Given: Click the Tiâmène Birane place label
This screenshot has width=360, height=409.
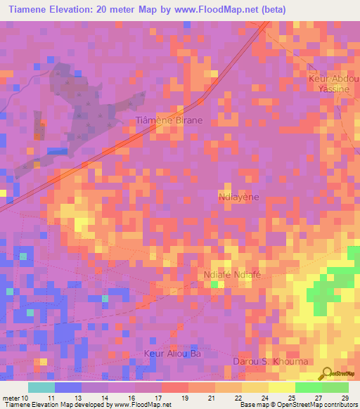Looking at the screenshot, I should (169, 120).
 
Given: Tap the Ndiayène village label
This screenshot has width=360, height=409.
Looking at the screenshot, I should (239, 197).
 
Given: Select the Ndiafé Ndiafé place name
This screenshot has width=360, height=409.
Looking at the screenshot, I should (232, 274).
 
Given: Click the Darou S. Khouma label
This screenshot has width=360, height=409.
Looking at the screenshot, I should (270, 361).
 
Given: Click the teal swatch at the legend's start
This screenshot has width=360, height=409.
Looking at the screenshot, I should (41, 387).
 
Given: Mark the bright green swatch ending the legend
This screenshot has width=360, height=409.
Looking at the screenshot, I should (335, 387).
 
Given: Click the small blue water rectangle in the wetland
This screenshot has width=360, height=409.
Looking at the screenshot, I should (58, 151).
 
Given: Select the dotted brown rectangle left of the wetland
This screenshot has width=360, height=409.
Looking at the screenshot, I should (39, 131).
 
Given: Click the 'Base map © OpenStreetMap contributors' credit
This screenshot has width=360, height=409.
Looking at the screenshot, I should (296, 405).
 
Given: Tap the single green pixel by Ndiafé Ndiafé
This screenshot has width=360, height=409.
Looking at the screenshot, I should (214, 283).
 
